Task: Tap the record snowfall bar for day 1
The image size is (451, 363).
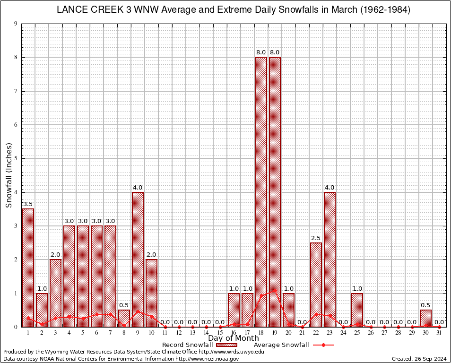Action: pyautogui.click(x=28, y=268)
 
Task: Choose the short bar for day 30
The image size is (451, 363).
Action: pyautogui.click(x=426, y=318)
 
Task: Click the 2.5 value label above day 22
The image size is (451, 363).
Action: pyautogui.click(x=316, y=238)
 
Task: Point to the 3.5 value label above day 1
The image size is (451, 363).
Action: pyautogui.click(x=28, y=204)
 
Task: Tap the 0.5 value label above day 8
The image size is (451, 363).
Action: pyautogui.click(x=124, y=305)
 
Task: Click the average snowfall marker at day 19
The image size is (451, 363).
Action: pyautogui.click(x=275, y=291)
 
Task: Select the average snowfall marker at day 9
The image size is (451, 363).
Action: pyautogui.click(x=138, y=311)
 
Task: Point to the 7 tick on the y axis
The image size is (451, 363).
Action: pyautogui.click(x=16, y=91)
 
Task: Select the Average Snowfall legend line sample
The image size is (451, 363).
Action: pyautogui.click(x=323, y=345)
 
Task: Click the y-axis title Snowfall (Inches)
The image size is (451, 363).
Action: pyautogui.click(x=9, y=175)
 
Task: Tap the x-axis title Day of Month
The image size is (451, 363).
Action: pyautogui.click(x=234, y=338)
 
